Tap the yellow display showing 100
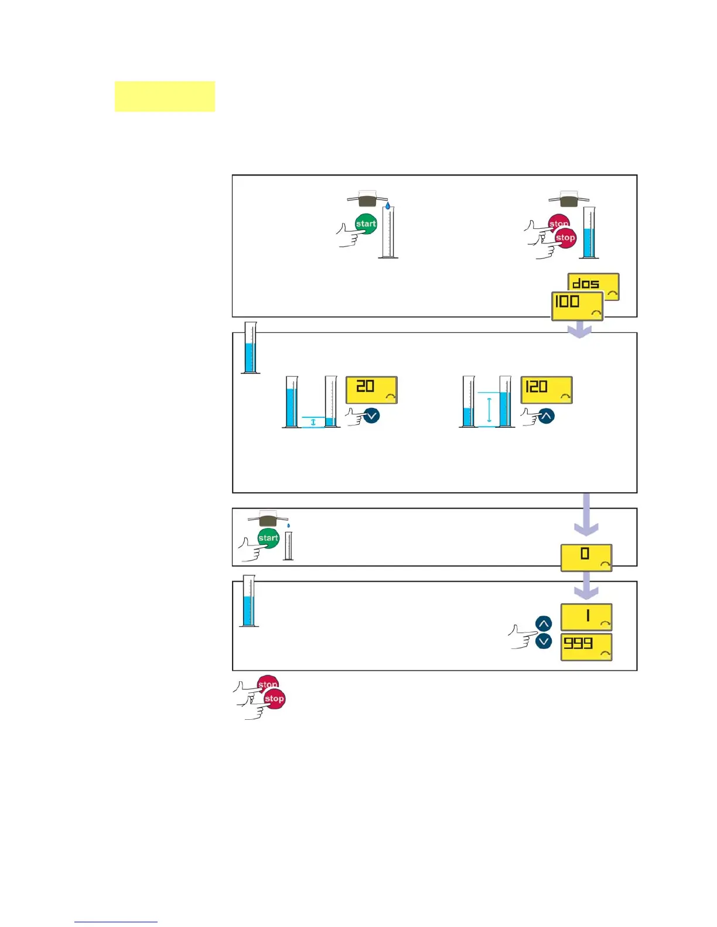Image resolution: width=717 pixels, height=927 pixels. click(x=577, y=305)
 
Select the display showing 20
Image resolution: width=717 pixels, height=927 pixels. click(x=371, y=389)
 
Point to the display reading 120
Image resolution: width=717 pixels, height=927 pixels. click(x=546, y=390)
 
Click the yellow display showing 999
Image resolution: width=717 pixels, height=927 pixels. click(x=586, y=647)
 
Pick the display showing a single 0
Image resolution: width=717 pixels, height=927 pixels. click(x=586, y=557)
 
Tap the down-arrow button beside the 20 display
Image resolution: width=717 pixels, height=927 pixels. click(x=371, y=416)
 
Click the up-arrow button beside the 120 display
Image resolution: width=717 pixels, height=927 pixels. click(x=546, y=416)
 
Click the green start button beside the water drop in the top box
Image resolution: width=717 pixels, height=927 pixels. click(x=366, y=224)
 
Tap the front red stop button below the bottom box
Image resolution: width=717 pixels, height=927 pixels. click(x=274, y=699)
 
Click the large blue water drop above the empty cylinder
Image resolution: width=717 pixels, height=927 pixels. click(x=387, y=206)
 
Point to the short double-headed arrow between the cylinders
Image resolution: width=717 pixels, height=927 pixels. click(x=313, y=421)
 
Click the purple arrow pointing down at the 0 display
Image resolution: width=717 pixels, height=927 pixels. click(x=586, y=515)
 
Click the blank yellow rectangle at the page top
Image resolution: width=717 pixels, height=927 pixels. click(x=165, y=97)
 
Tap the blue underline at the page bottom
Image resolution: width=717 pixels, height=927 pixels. click(x=115, y=922)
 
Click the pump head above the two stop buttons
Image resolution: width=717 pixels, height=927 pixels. click(x=568, y=200)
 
